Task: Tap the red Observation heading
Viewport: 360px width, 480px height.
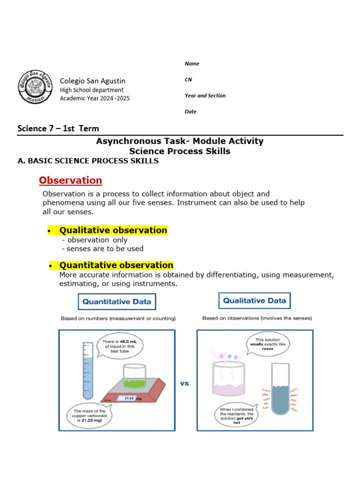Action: coord(70,180)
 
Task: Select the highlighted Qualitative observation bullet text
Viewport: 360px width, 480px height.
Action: coord(113,230)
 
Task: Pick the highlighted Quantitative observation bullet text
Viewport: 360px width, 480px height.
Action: coord(116,265)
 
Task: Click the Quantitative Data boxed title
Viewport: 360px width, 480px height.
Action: coord(117,302)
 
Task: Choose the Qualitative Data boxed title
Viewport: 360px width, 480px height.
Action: coord(255,300)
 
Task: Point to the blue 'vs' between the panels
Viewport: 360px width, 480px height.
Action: coord(185,383)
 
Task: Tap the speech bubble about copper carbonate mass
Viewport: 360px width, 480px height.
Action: coord(91,414)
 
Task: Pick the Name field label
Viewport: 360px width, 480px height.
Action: coord(192,64)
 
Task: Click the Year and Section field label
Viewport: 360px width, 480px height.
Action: coord(205,96)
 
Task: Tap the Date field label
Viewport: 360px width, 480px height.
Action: coord(190,112)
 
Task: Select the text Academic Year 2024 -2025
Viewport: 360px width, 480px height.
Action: coord(95,98)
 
